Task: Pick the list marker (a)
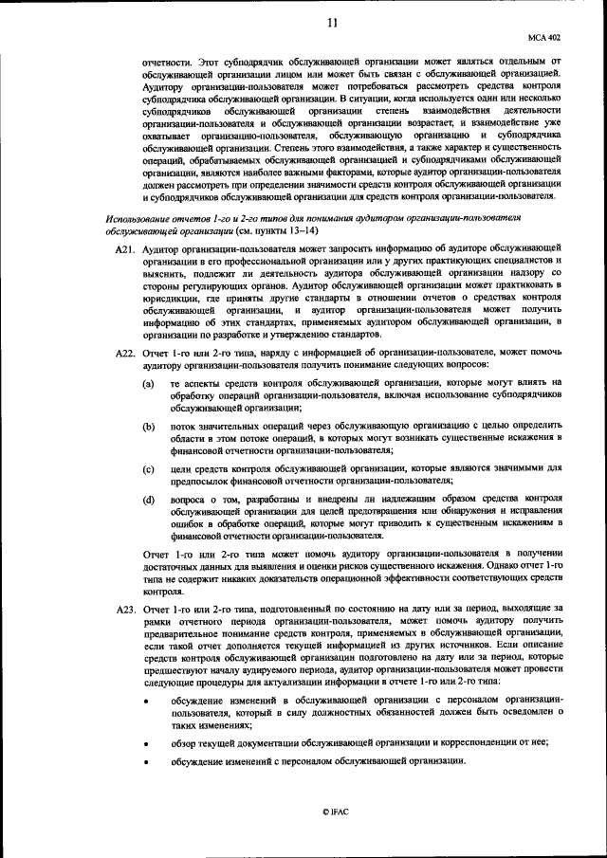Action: [x=149, y=383]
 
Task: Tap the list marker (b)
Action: [x=149, y=427]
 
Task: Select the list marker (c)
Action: [x=149, y=469]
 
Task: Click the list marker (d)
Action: [x=149, y=499]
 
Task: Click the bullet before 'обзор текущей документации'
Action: [x=147, y=743]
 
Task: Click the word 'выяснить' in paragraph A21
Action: [x=167, y=274]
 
